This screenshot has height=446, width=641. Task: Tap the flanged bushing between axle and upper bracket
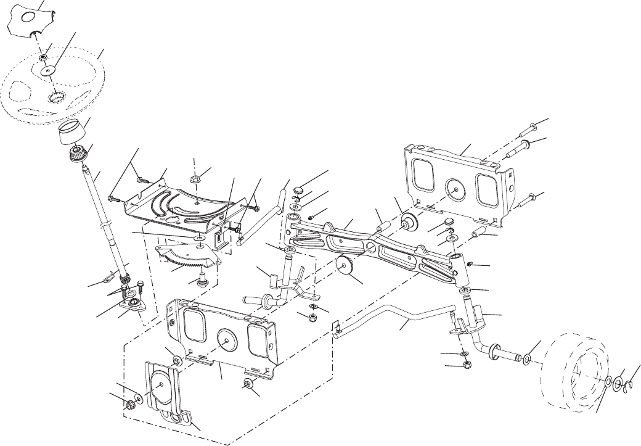(x=406, y=222)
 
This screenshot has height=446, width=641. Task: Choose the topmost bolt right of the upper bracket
(x=530, y=130)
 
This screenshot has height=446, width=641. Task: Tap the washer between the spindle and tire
(x=528, y=358)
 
